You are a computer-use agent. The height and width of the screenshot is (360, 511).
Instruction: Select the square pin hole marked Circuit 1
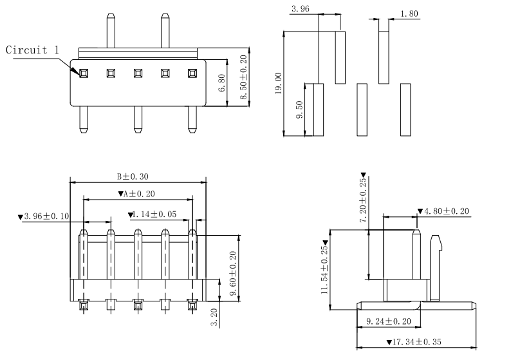coord(83,73)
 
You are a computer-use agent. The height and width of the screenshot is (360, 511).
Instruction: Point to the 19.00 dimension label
coord(278,84)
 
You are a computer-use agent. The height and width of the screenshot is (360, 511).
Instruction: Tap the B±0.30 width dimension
coord(133,176)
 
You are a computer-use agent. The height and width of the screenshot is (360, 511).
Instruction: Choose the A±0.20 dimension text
coord(136,194)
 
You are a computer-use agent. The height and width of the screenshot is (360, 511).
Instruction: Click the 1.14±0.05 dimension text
coord(151,215)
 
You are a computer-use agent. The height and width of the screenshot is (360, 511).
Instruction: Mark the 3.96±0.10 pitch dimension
coord(44,216)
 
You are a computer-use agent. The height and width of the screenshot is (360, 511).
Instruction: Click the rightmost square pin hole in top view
coord(192,73)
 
